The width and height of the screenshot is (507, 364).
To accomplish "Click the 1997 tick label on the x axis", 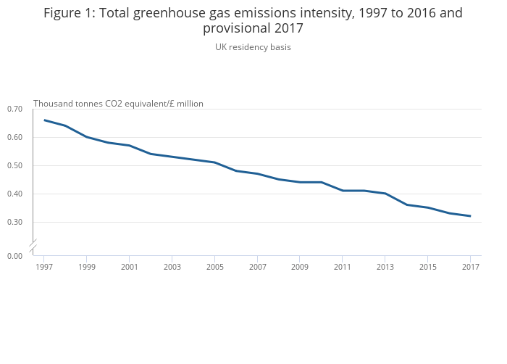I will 43,268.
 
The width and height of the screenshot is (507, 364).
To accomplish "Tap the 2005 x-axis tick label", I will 214,268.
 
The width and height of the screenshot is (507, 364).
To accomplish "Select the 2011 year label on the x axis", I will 343,268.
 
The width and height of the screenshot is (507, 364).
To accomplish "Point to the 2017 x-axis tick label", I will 470,268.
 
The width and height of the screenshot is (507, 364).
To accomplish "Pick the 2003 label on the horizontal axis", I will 172,268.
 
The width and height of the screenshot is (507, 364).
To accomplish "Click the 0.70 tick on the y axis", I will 14,109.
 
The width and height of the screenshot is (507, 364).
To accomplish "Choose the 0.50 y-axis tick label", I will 14,165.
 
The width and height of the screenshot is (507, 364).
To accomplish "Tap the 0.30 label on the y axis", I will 14,222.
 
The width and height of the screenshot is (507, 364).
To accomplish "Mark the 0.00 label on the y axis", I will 14,256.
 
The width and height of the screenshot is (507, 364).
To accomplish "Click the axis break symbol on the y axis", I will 33,247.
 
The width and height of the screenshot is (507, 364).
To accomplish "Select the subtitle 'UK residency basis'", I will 253,47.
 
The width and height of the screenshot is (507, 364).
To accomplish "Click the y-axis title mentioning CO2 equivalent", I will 118,104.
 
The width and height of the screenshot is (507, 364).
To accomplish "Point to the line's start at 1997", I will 44,120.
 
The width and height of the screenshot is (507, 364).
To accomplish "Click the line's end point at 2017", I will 470,216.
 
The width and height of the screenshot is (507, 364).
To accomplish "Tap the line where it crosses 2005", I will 214,162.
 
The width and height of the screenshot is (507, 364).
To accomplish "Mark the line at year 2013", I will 385,194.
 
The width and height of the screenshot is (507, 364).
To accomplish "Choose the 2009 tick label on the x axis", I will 300,268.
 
